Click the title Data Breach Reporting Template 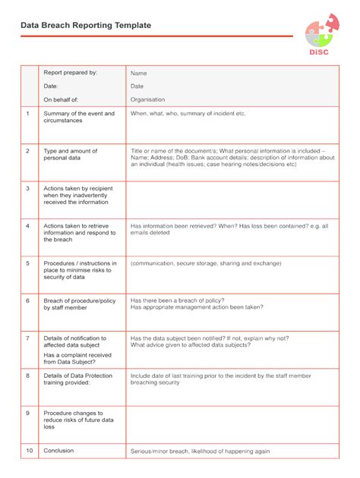(x=86, y=26)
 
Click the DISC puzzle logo (x=322, y=34)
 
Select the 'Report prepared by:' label (x=71, y=73)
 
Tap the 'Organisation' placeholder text (x=147, y=99)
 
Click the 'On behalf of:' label (x=61, y=99)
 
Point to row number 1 (x=28, y=114)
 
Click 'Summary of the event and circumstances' (x=79, y=117)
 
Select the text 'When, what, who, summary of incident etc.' (x=188, y=114)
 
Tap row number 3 (x=28, y=187)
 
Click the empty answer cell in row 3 (x=232, y=200)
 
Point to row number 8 (x=28, y=376)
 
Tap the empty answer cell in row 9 (x=232, y=424)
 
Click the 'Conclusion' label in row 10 (x=58, y=451)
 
